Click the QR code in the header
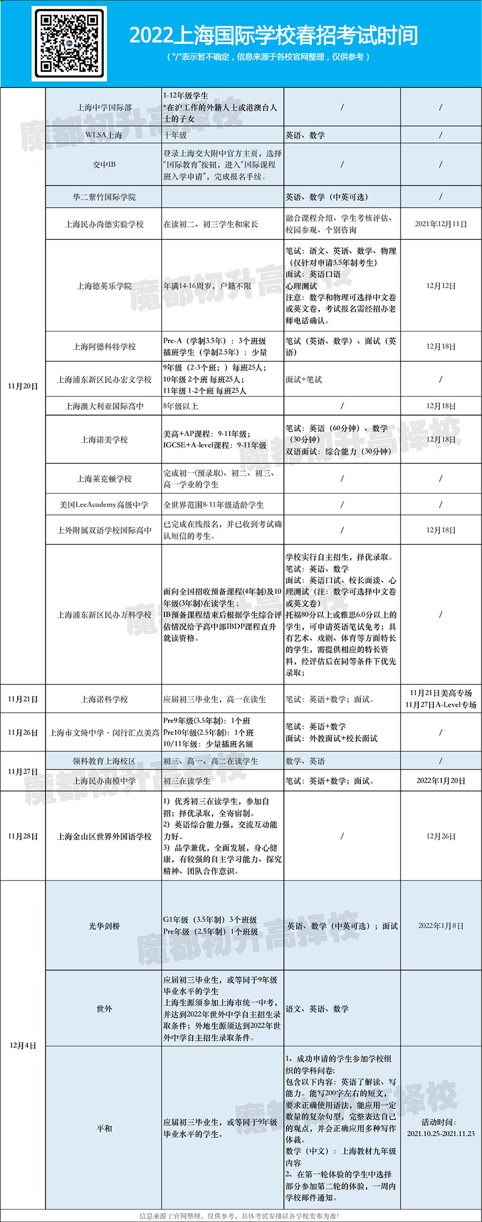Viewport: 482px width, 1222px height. coord(69,44)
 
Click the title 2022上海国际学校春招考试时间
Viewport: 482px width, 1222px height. coord(273,36)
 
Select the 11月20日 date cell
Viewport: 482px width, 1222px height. coord(23,386)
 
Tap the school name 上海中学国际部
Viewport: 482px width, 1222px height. coord(104,107)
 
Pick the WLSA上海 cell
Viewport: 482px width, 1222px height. coord(104,135)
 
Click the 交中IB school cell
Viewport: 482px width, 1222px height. coord(104,165)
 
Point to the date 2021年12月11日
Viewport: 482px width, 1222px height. coord(441,224)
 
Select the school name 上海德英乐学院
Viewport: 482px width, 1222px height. coord(104,286)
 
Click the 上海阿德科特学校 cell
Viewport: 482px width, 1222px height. coord(104,346)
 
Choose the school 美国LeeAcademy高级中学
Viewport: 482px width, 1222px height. coord(104,505)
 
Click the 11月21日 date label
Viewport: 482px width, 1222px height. coord(23,699)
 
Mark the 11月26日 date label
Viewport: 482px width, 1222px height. coord(23,732)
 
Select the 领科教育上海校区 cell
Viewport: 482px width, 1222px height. coord(104,761)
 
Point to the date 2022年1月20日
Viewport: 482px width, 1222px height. coord(441,781)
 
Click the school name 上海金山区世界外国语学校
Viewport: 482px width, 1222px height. coord(104,836)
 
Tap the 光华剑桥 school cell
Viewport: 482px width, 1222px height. coord(104,926)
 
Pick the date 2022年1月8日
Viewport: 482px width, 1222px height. coord(441,926)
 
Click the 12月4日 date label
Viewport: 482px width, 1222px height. coord(23,1046)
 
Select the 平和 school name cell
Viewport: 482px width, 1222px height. coord(104,1128)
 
